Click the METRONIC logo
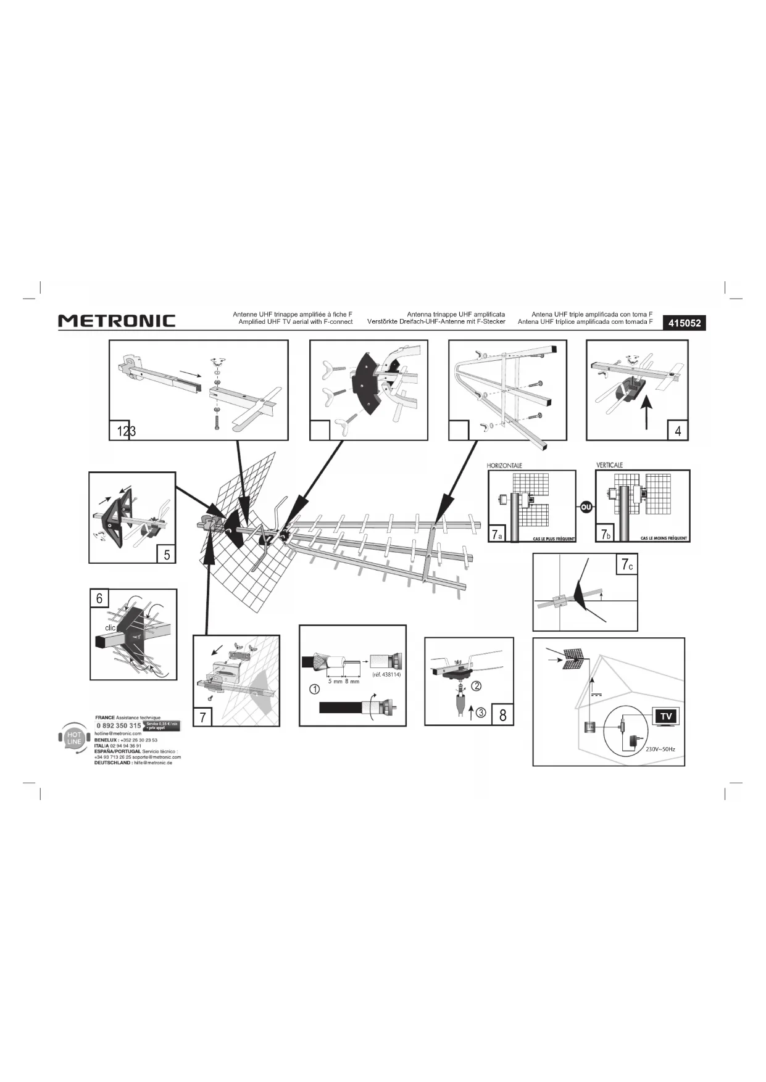click(x=117, y=321)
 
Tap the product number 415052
click(x=684, y=323)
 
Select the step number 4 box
click(x=678, y=431)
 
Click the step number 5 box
click(x=166, y=554)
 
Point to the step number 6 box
click(x=99, y=598)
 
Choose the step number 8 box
click(x=502, y=715)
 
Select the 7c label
click(x=627, y=564)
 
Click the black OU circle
click(x=586, y=506)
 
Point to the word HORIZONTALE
click(x=505, y=465)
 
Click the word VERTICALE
click(x=610, y=465)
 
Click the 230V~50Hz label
click(x=660, y=749)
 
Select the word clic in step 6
click(x=110, y=628)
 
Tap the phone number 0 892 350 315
click(x=119, y=725)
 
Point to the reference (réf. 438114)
click(x=387, y=674)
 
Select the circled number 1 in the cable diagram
click(x=314, y=688)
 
